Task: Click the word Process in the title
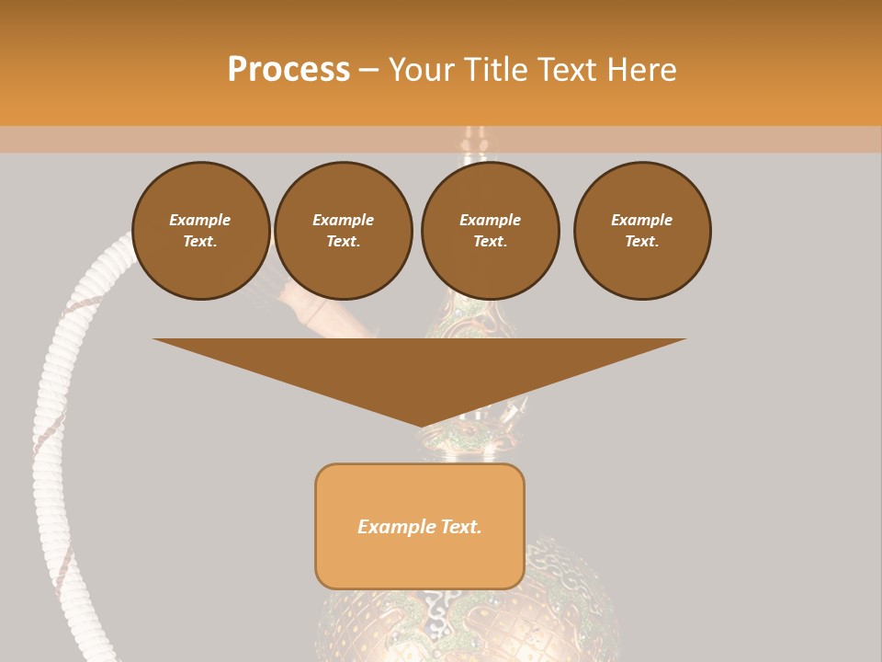(x=288, y=70)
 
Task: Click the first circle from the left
(x=201, y=231)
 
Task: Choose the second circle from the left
(x=344, y=231)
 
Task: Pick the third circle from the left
(x=491, y=231)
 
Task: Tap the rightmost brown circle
(x=642, y=231)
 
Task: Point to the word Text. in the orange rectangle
(x=460, y=527)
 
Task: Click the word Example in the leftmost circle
(x=200, y=220)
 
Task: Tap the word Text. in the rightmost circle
(x=642, y=242)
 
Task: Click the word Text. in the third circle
(x=491, y=242)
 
